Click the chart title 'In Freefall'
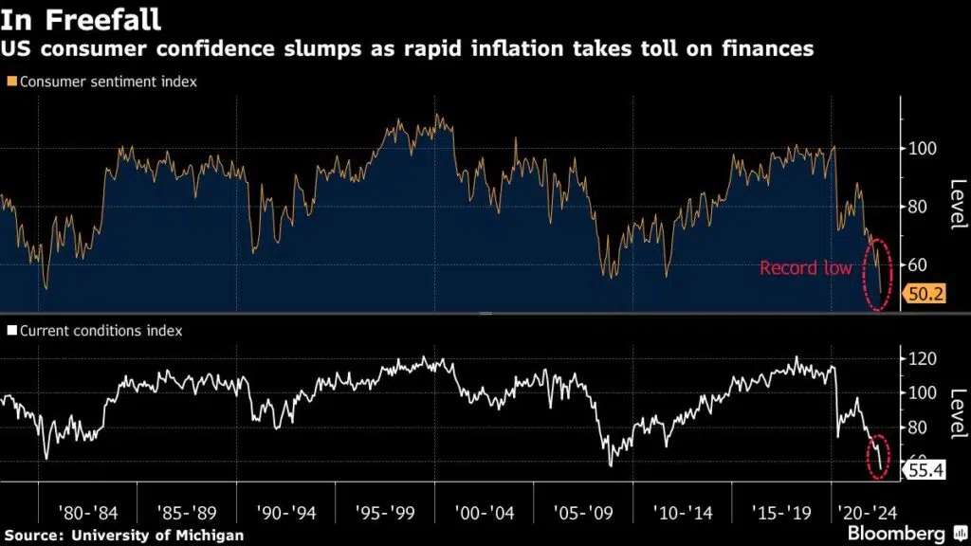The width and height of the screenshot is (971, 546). [80, 18]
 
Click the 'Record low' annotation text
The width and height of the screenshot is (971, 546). [805, 268]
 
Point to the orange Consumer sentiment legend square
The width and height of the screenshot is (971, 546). [11, 82]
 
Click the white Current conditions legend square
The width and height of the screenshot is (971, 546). [11, 332]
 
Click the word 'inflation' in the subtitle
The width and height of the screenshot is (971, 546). [563, 49]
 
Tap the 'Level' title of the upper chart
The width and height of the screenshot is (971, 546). [957, 204]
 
